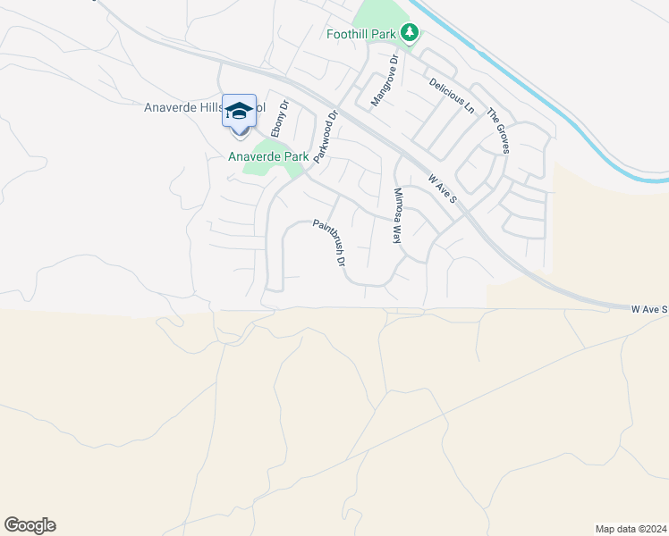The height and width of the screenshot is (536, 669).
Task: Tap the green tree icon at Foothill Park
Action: [410, 33]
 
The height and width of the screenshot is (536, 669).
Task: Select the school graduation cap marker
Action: [239, 112]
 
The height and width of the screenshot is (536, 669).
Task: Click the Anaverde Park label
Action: [268, 156]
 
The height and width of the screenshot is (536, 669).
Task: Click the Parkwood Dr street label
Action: [325, 136]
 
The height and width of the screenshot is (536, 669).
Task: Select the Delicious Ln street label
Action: [452, 96]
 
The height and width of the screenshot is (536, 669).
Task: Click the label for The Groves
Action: [497, 130]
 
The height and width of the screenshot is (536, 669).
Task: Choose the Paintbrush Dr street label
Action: [328, 244]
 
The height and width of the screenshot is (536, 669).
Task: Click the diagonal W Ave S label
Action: [442, 188]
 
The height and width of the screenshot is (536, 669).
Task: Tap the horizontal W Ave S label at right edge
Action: [649, 309]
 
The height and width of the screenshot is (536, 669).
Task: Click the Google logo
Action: [30, 525]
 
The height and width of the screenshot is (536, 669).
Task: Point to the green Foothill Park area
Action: [376, 18]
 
